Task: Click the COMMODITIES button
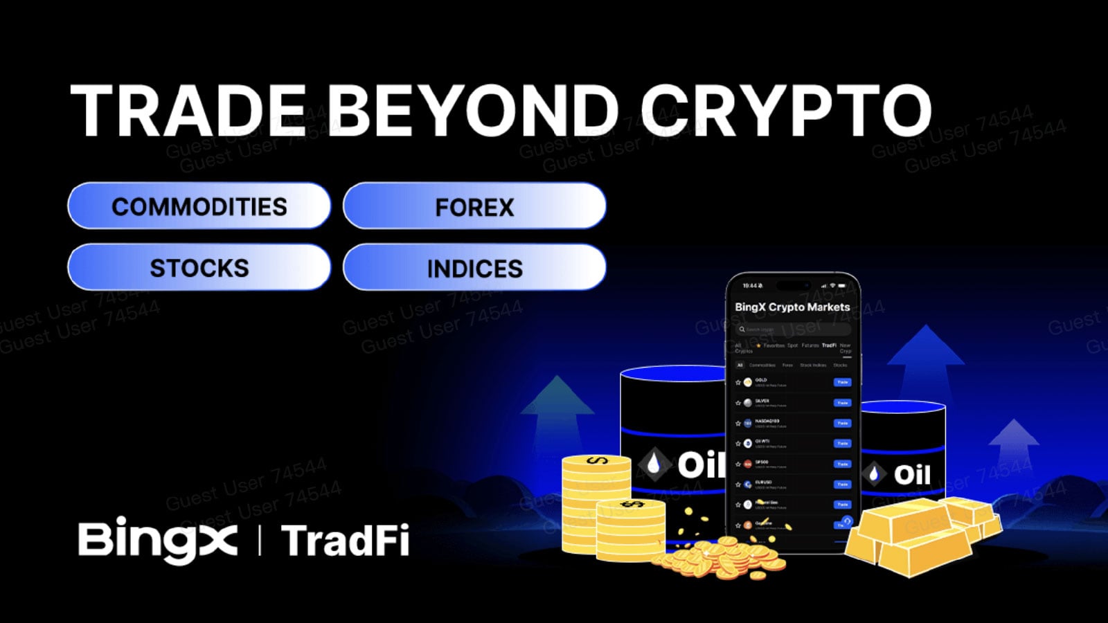coord(199,206)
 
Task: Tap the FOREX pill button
coord(474,207)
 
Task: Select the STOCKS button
coord(199,268)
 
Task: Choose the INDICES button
coord(474,269)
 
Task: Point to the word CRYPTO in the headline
coord(785,111)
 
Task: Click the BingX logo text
coord(158,539)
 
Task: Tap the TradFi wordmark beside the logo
coord(345,541)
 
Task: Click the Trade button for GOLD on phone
coord(842,382)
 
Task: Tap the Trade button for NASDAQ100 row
coord(842,423)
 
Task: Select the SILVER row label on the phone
coord(762,401)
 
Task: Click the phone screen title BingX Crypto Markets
coord(792,307)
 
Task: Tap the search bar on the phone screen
coord(792,329)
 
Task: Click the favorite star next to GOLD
coord(738,382)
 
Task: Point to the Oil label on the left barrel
coord(699,465)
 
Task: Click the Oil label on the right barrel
coord(911,475)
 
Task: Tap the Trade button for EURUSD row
coord(842,485)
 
